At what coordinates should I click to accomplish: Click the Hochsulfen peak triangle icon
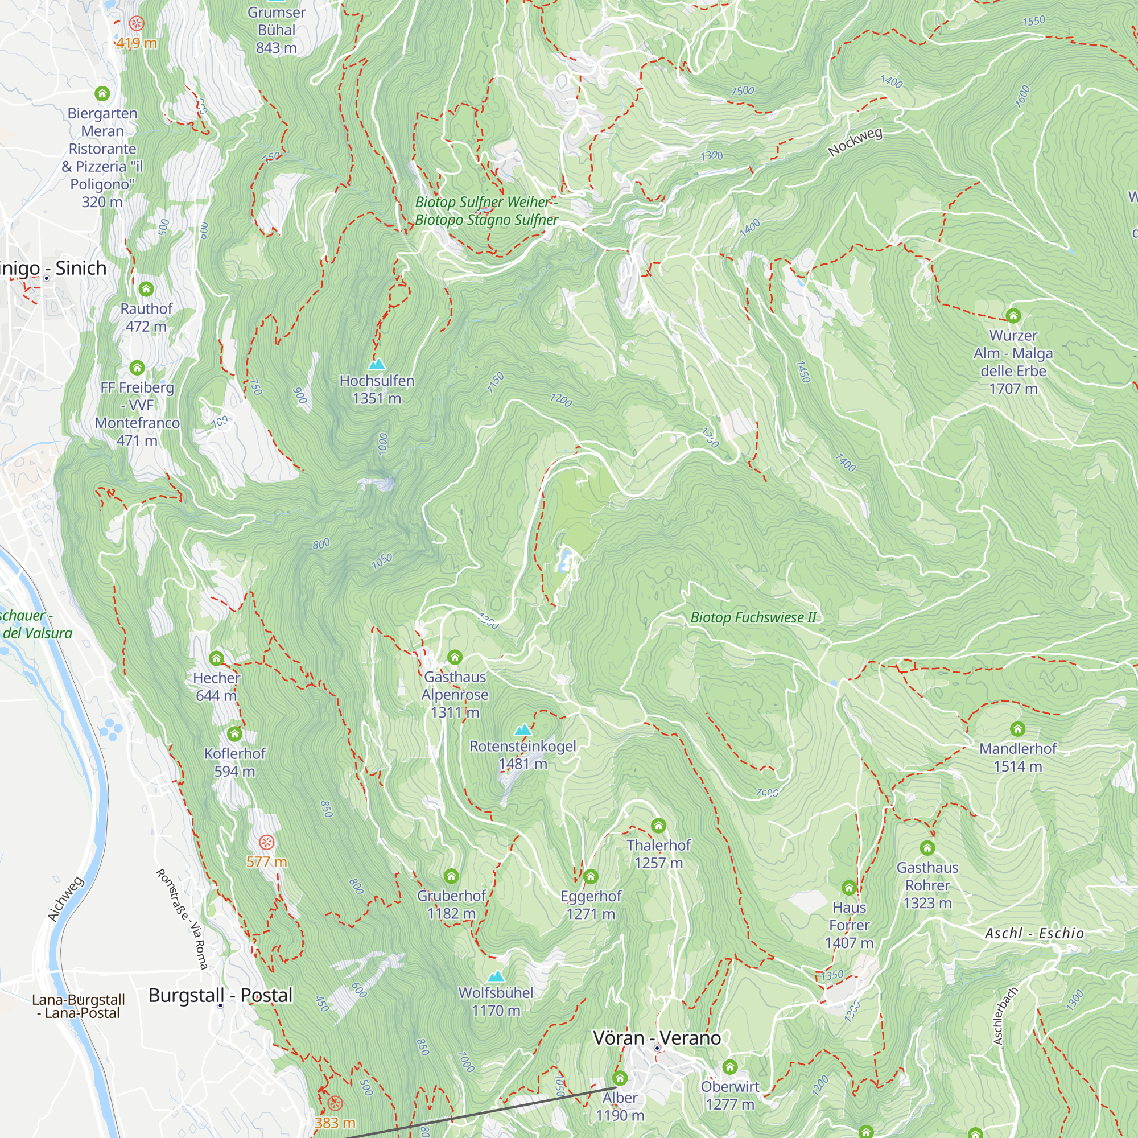(376, 365)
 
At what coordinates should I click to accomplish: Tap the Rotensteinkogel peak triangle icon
(522, 731)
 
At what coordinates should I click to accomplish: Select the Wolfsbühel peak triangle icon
(496, 976)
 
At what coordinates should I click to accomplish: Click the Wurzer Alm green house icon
(1013, 316)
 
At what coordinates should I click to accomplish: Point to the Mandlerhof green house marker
(1017, 729)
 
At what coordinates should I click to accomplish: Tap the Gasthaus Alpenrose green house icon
(454, 657)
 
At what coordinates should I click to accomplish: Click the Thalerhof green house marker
(658, 825)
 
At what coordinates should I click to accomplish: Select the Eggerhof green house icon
(591, 876)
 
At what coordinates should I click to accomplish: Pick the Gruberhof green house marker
(451, 876)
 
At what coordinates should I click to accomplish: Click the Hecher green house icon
(216, 658)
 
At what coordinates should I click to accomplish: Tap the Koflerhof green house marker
(234, 734)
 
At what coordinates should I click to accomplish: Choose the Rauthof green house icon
(146, 288)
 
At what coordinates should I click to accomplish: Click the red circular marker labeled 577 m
(267, 842)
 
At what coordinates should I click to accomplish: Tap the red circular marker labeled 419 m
(137, 23)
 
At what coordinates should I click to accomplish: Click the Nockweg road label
(855, 143)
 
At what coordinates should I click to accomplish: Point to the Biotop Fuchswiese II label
(753, 617)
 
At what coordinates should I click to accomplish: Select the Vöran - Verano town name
(657, 1038)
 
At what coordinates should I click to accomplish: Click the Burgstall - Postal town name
(220, 995)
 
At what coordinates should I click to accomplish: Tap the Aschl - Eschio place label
(1034, 933)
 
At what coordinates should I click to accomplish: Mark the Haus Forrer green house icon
(849, 888)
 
